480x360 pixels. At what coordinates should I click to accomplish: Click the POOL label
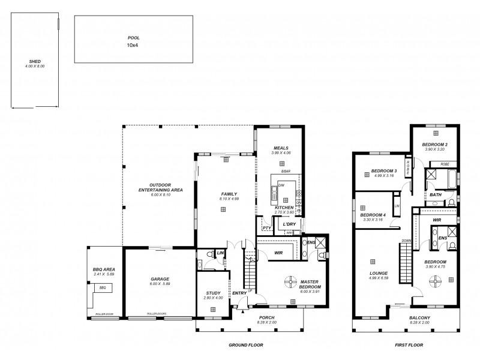click(133, 37)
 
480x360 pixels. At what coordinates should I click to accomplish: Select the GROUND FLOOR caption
click(247, 346)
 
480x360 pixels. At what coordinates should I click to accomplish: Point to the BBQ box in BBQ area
click(102, 288)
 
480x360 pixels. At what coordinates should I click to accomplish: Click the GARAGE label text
click(160, 278)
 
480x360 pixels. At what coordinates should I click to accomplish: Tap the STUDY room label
click(213, 293)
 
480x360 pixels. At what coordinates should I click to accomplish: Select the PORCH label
click(267, 318)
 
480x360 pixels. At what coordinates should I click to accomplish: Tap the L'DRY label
click(290, 224)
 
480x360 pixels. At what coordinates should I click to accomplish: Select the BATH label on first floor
click(436, 194)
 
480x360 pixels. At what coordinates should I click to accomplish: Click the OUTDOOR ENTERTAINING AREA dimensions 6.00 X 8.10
click(160, 194)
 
